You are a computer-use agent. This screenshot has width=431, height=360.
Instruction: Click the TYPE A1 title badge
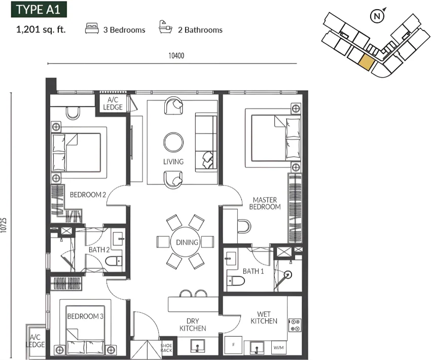39,9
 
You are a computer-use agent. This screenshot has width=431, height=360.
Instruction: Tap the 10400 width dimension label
176,56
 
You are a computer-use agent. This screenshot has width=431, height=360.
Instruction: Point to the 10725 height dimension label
4,225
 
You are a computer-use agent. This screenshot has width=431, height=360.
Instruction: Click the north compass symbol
377,16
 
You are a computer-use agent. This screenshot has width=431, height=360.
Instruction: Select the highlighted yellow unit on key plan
366,62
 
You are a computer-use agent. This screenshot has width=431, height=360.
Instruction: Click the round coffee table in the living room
173,142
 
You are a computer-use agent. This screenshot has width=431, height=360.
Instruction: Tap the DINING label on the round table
187,242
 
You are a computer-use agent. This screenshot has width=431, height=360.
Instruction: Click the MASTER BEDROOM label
265,203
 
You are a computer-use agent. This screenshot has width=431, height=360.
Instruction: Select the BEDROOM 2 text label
88,195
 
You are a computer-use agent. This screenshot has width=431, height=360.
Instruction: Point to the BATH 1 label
253,271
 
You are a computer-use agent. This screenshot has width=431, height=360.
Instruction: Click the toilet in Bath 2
114,261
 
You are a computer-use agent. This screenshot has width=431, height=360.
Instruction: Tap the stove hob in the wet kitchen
295,325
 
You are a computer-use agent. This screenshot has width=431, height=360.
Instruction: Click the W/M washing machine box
278,348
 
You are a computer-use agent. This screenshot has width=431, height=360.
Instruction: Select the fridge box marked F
233,345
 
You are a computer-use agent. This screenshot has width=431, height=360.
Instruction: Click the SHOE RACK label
166,348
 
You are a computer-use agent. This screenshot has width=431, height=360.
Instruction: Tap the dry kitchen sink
197,346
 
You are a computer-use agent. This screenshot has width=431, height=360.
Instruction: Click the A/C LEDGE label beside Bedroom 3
35,341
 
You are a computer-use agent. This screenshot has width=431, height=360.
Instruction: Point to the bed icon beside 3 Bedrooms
92,28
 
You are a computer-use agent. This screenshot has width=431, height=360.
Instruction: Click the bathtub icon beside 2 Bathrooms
165,27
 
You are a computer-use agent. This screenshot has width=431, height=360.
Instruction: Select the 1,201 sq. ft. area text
41,29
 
